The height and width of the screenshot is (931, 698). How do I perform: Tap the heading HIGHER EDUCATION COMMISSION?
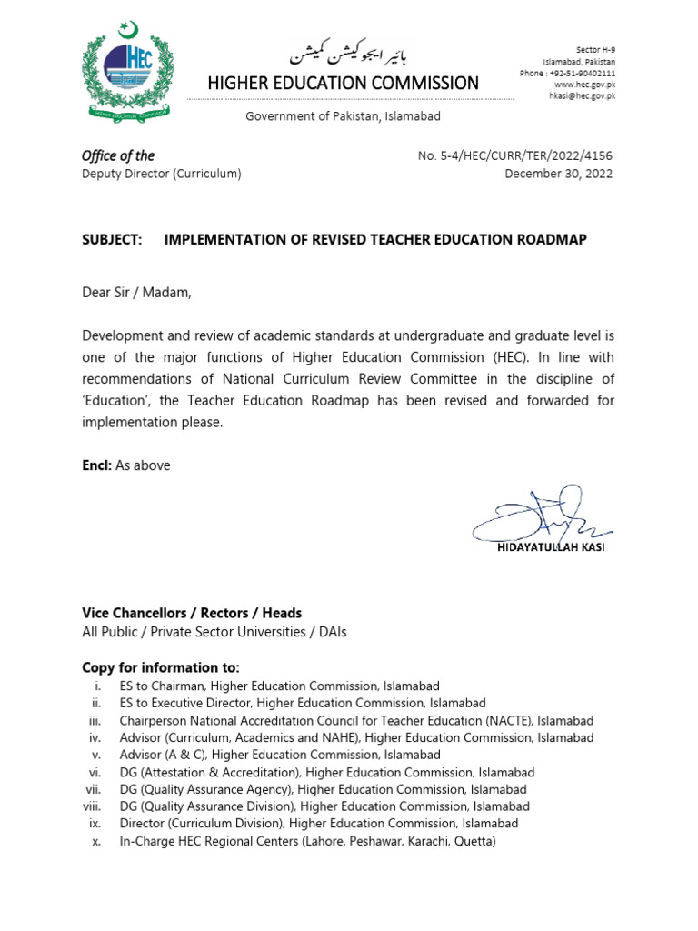tap(344, 84)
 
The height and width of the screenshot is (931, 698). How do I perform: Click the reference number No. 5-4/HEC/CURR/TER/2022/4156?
tap(514, 156)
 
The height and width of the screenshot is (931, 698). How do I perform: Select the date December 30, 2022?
tap(558, 174)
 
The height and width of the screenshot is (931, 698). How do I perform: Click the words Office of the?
tap(118, 155)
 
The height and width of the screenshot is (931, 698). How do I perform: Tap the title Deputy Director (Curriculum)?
tap(162, 174)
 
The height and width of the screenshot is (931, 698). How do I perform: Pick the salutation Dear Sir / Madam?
tap(137, 293)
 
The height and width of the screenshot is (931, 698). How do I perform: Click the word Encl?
tap(96, 465)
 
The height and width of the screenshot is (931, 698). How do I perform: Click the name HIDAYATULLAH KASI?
tap(550, 547)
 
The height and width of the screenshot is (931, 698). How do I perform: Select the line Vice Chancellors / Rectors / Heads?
tap(192, 613)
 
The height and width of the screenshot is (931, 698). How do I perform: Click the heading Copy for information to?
tap(161, 667)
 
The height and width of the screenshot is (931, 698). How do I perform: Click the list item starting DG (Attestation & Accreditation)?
tap(327, 773)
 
